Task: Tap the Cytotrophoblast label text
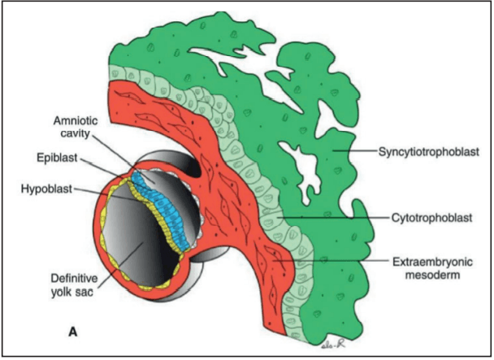tap(422, 219)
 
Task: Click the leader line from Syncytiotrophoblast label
tap(357, 152)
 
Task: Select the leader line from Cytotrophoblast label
tap(333, 219)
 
